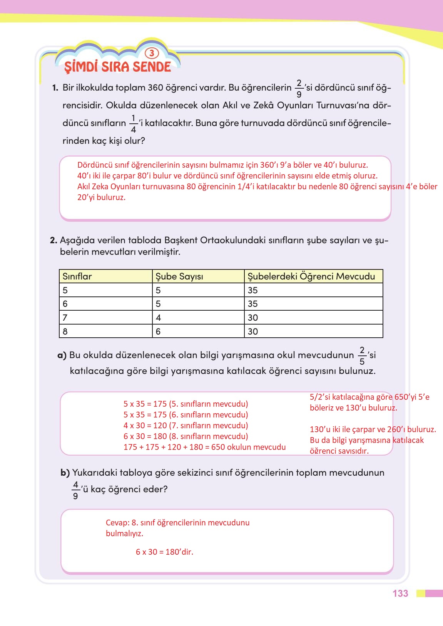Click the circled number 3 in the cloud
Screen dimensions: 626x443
[152, 53]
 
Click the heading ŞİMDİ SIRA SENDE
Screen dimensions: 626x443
[117, 67]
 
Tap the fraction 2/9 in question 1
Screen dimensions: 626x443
[299, 88]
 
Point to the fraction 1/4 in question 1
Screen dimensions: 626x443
[134, 124]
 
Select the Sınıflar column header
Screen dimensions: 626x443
[77, 276]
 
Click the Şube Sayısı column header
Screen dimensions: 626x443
[179, 276]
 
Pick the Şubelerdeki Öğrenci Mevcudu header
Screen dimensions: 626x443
[311, 276]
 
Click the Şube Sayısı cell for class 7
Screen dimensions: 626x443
[159, 318]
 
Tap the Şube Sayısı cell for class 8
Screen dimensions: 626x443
[158, 332]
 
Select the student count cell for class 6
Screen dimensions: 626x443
[253, 304]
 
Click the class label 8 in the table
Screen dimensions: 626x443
[65, 332]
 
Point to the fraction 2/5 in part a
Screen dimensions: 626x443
[362, 355]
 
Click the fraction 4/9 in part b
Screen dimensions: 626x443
[75, 490]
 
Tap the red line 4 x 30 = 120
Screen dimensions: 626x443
[186, 426]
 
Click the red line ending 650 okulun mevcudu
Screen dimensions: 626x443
[204, 447]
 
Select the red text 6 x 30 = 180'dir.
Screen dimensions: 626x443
[164, 552]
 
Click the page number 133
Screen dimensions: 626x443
[400, 593]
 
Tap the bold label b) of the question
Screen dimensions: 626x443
[65, 473]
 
